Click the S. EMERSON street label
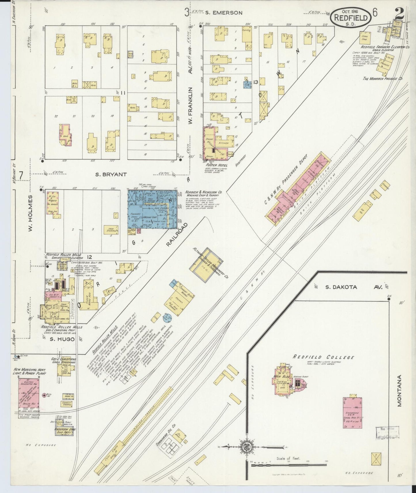point(224,13)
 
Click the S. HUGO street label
point(62,339)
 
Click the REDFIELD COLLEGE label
point(323,357)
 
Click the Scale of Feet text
point(288,458)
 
